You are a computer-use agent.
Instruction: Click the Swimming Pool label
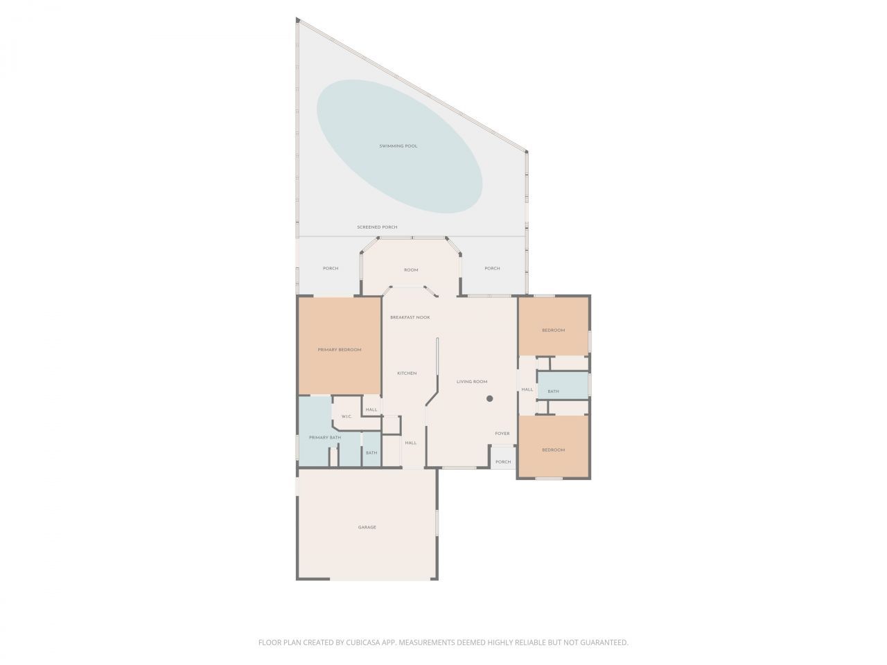click(398, 146)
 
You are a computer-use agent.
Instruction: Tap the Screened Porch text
click(377, 227)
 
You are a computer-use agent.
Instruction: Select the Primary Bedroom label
click(340, 350)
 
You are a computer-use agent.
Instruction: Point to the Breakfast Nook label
click(410, 317)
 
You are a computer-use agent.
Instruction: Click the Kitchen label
click(407, 373)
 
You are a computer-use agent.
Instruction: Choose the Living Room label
click(472, 382)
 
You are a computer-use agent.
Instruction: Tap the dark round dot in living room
click(489, 398)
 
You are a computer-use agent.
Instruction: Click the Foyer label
click(502, 434)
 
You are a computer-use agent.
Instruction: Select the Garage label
click(367, 527)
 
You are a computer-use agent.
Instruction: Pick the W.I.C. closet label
click(346, 416)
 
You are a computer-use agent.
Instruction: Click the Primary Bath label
click(325, 438)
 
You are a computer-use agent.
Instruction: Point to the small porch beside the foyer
click(503, 461)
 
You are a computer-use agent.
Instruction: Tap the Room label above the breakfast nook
click(412, 270)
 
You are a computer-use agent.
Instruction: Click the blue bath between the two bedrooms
click(553, 391)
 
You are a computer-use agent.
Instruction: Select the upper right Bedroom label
click(553, 330)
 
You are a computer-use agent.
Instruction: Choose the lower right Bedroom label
click(553, 450)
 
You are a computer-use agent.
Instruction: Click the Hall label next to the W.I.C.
click(371, 409)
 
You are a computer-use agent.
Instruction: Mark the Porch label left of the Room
click(331, 269)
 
